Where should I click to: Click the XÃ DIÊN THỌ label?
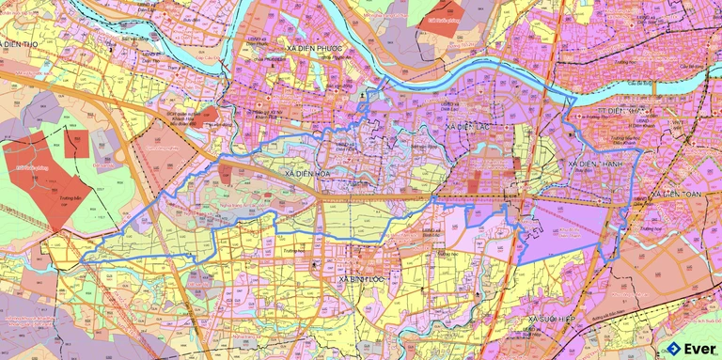(x=26, y=44)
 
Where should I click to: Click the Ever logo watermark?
(x=691, y=347)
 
